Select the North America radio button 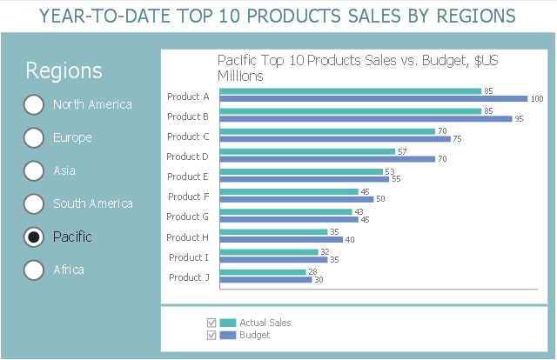click(x=33, y=104)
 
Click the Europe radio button click(x=33, y=137)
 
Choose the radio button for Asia click(x=33, y=170)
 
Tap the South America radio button click(x=33, y=203)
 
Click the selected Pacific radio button click(x=33, y=237)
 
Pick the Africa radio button click(x=33, y=270)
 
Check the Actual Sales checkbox click(x=210, y=323)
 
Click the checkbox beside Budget click(x=210, y=335)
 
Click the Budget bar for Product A click(x=374, y=98)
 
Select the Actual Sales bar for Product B click(x=351, y=110)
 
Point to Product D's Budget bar click(x=327, y=159)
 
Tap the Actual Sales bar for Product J click(x=263, y=272)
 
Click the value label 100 click(x=537, y=98)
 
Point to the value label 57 click(x=402, y=151)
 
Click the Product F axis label click(x=188, y=197)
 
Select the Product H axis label click(x=188, y=237)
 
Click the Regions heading click(x=64, y=71)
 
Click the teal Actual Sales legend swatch click(x=228, y=323)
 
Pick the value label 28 click(x=312, y=272)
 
